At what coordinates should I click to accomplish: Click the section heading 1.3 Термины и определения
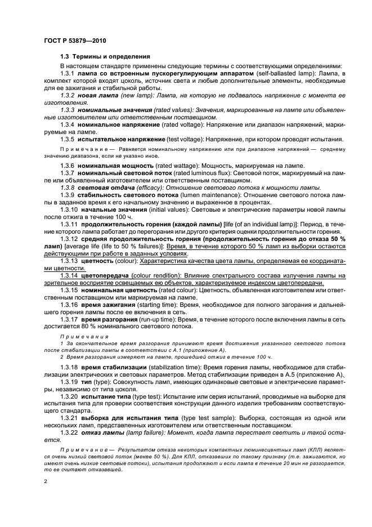click(x=105, y=57)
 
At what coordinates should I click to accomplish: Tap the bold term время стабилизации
click(x=114, y=367)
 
